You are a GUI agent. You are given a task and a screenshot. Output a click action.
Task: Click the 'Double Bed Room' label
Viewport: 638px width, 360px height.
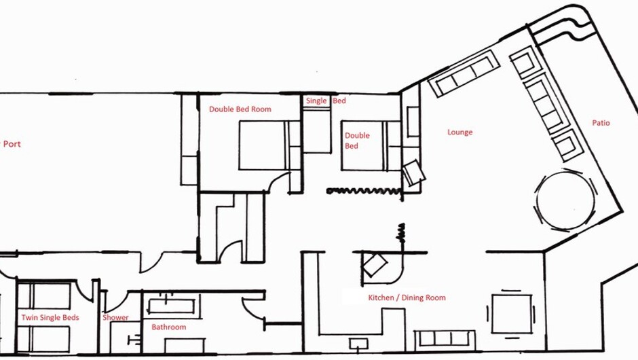tap(240, 109)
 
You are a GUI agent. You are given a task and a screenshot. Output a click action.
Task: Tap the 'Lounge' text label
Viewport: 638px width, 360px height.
tap(459, 132)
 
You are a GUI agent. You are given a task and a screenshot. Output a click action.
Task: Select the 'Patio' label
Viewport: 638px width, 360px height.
tap(601, 122)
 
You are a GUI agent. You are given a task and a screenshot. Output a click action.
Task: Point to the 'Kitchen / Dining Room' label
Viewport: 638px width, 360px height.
tap(407, 298)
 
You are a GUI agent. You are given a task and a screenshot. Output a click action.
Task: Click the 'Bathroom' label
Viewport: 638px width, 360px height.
tap(168, 327)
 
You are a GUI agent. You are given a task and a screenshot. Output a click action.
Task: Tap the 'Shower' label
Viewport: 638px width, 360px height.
tap(115, 318)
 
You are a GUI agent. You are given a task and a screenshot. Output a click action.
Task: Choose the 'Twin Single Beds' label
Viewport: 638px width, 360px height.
tap(50, 318)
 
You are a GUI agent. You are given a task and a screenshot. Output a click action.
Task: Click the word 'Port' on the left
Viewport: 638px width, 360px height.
tap(12, 144)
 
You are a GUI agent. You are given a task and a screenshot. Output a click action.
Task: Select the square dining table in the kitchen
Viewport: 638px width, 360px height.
tap(512, 314)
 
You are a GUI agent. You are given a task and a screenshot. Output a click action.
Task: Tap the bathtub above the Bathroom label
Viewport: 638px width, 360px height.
tap(171, 306)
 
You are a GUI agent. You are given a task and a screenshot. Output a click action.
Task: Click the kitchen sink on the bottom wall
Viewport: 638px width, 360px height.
tap(358, 344)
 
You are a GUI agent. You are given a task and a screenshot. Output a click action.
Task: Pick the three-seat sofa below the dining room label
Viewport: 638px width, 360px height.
tap(445, 338)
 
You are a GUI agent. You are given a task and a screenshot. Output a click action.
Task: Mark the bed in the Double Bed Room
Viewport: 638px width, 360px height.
tap(269, 145)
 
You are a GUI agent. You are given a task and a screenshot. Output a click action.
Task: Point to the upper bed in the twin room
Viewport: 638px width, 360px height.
tap(44, 296)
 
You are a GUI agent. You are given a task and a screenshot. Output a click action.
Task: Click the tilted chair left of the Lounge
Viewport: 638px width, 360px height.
tap(414, 173)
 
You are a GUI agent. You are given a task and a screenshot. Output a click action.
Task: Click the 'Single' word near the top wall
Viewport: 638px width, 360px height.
tap(316, 101)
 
